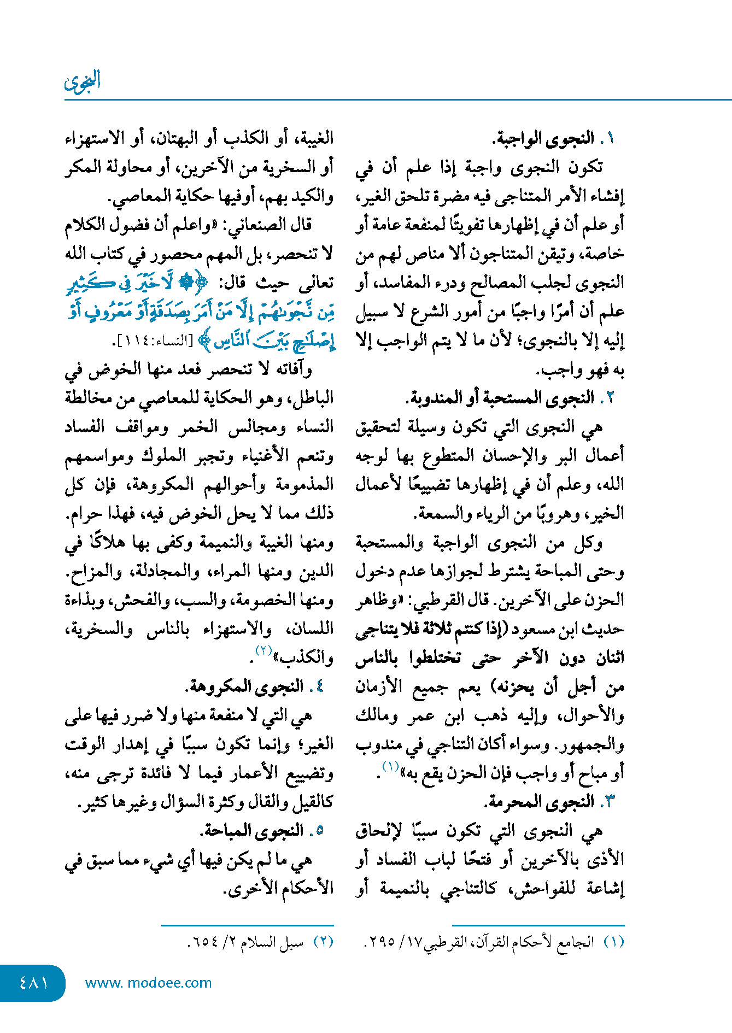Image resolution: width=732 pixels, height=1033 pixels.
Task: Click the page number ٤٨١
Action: (34, 983)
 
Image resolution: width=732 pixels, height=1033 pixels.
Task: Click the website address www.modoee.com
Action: (148, 983)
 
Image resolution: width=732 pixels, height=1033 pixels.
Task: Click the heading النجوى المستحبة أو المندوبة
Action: (500, 397)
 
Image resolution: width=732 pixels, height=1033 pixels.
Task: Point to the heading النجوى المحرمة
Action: (539, 802)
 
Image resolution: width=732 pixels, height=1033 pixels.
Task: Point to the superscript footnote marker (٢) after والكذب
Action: (264, 651)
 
